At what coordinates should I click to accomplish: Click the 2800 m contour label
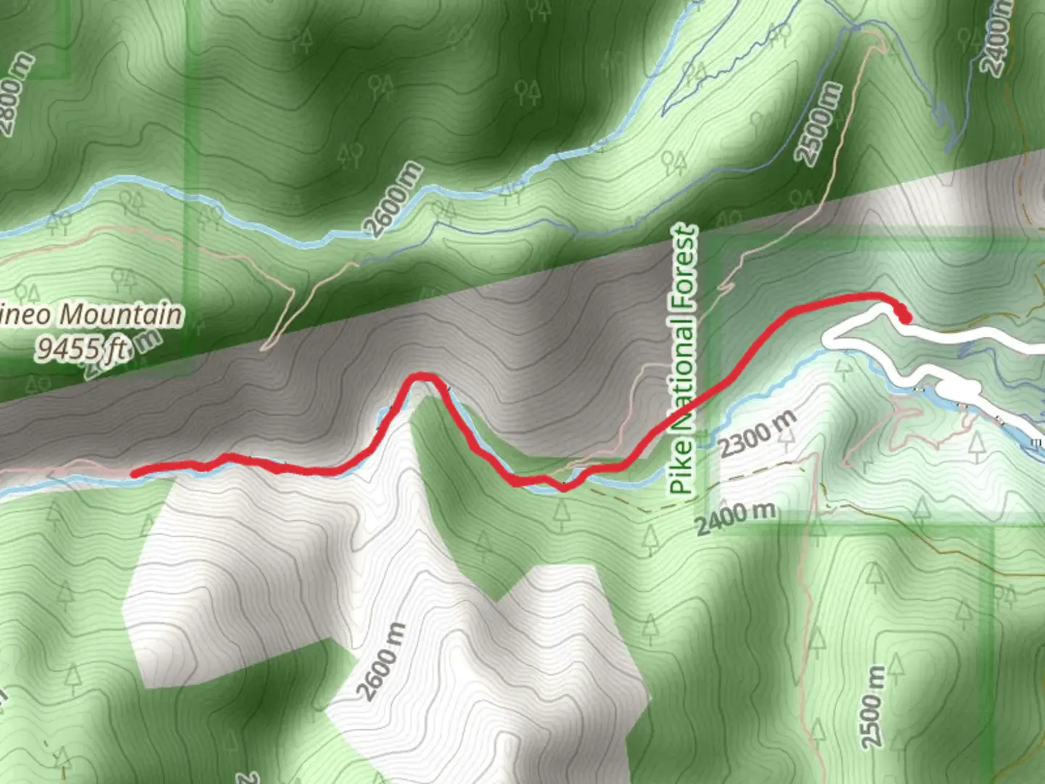click(x=16, y=94)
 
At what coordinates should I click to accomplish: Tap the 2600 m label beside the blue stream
click(x=393, y=200)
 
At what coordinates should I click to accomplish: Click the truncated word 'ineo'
click(x=26, y=316)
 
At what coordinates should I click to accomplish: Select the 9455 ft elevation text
click(x=82, y=349)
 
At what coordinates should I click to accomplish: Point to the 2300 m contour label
click(x=758, y=433)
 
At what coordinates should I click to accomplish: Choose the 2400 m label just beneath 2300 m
click(x=736, y=517)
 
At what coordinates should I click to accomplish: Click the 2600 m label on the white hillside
click(x=382, y=661)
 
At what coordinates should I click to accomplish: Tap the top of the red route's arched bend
click(x=422, y=376)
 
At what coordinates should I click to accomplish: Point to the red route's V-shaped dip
click(x=563, y=487)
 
